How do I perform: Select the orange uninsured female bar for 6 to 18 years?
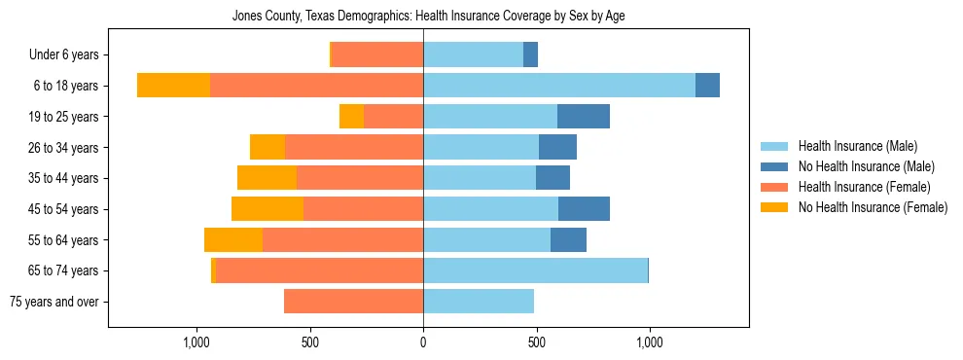173,86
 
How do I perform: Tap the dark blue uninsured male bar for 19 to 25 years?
584,117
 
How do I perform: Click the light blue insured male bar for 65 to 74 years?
535,270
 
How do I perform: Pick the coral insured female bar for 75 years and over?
353,302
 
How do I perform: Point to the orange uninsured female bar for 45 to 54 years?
267,209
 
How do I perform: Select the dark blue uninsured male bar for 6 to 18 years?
707,86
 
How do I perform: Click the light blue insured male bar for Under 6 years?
473,54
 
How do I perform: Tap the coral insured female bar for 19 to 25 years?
393,117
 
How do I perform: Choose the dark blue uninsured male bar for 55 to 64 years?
568,240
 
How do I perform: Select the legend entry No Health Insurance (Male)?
859,166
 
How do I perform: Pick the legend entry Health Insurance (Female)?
858,187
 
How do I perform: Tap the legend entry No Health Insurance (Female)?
865,207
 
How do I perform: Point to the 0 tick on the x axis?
423,342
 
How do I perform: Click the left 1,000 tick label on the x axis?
196,342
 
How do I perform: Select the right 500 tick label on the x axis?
536,342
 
